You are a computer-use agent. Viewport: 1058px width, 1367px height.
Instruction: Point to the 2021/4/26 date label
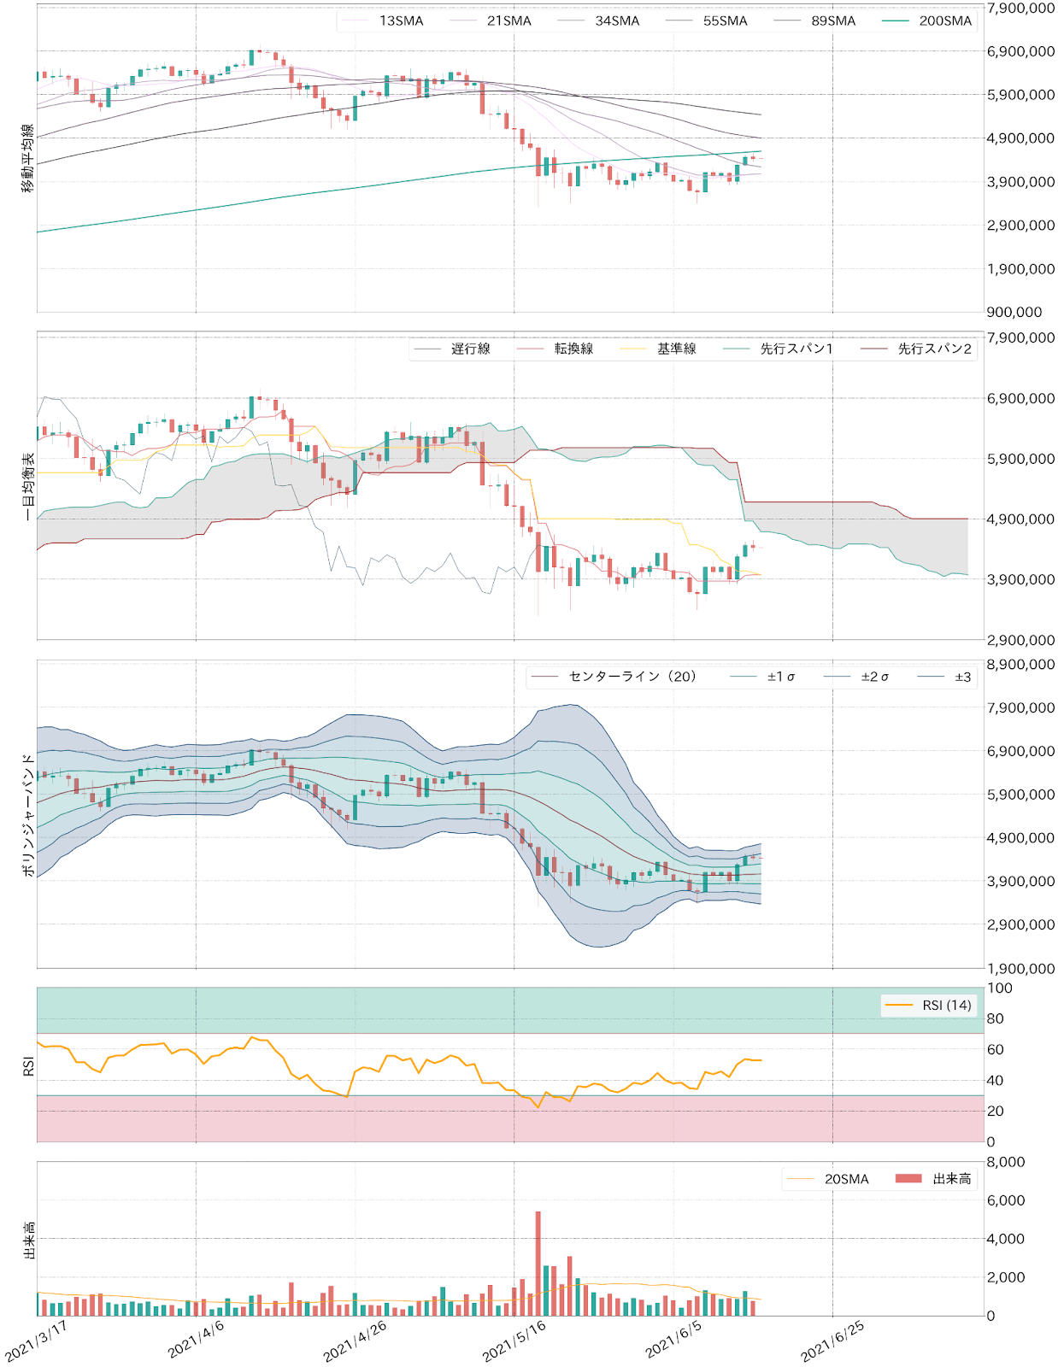click(356, 1340)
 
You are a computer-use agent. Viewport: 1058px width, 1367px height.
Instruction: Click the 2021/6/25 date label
click(832, 1340)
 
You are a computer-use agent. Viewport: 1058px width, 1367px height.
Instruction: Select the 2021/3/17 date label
click(37, 1340)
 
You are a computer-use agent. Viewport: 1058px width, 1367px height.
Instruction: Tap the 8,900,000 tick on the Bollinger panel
click(1020, 665)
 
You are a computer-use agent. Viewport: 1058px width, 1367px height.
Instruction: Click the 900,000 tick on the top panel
click(1014, 313)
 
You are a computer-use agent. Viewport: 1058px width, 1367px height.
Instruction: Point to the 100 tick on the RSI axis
click(999, 989)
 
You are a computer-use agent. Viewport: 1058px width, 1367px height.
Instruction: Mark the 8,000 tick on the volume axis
click(1005, 1162)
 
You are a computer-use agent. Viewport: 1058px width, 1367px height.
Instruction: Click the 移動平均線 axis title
click(28, 158)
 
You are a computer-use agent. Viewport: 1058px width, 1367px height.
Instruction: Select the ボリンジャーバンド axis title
click(28, 814)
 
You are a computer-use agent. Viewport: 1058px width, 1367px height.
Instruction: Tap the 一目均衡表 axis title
click(28, 486)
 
